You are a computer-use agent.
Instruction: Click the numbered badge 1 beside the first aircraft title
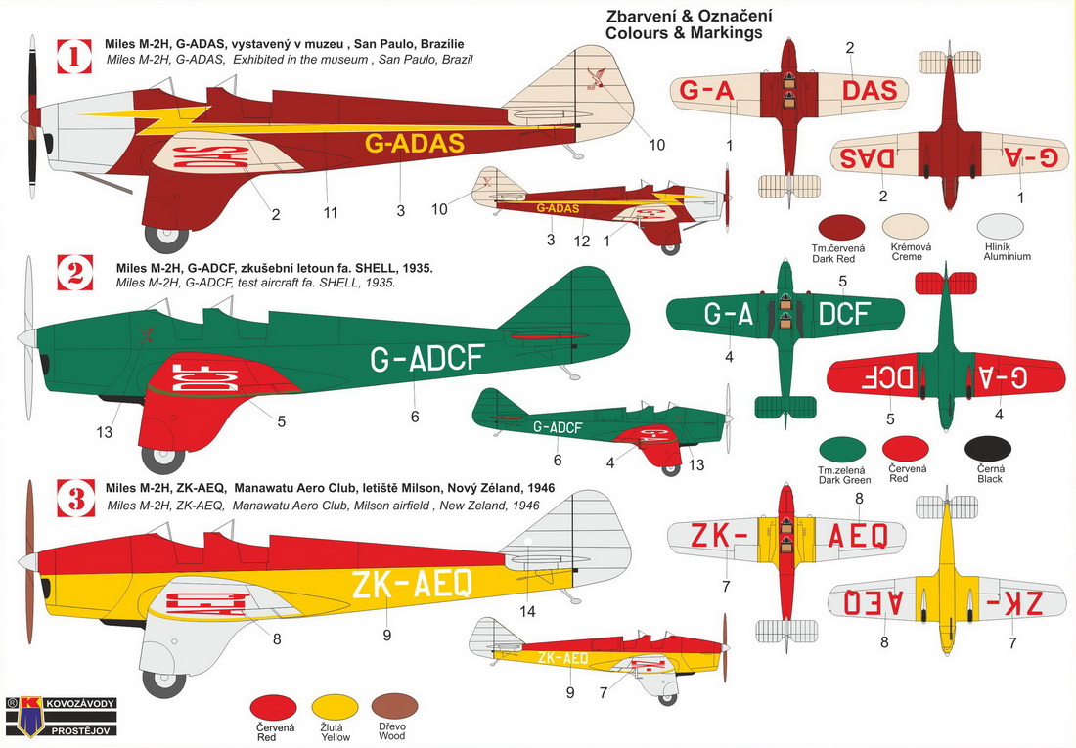point(74,57)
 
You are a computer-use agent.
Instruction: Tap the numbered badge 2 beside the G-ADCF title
point(75,273)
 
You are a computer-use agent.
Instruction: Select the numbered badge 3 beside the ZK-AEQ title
point(76,499)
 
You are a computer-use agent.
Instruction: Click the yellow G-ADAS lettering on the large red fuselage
point(415,143)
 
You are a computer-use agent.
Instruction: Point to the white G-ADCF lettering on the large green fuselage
point(426,358)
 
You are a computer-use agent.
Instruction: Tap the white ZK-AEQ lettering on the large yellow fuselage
point(412,584)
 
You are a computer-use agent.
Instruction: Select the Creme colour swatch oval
point(906,227)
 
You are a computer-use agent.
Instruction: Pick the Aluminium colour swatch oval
point(1001,227)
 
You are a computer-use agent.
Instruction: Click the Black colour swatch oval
point(988,450)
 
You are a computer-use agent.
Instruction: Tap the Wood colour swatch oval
point(394,707)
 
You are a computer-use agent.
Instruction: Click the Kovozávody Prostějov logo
point(61,717)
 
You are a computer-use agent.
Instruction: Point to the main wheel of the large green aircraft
point(162,461)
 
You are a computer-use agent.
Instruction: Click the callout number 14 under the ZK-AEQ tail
point(527,611)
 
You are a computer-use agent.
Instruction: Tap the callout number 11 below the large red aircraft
point(331,213)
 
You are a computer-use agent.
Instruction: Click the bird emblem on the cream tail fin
point(596,78)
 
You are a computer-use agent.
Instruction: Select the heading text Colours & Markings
point(684,33)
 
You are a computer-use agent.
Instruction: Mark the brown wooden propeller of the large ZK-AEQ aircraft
point(29,562)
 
